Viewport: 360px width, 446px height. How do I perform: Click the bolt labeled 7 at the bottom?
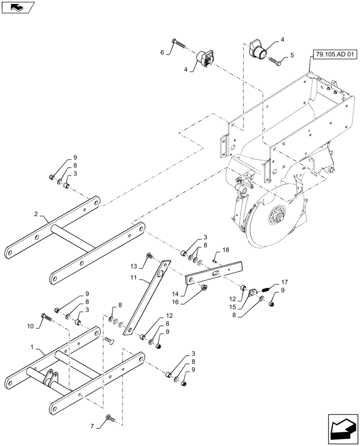[x=110, y=418]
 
